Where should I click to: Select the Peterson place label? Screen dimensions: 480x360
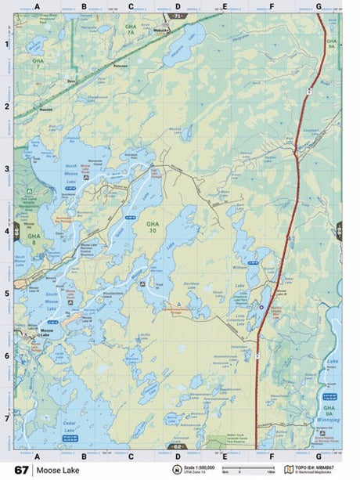coord(120,67)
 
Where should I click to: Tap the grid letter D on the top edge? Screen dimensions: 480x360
coord(178,6)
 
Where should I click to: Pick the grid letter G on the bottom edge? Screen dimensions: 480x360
coord(319,456)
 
